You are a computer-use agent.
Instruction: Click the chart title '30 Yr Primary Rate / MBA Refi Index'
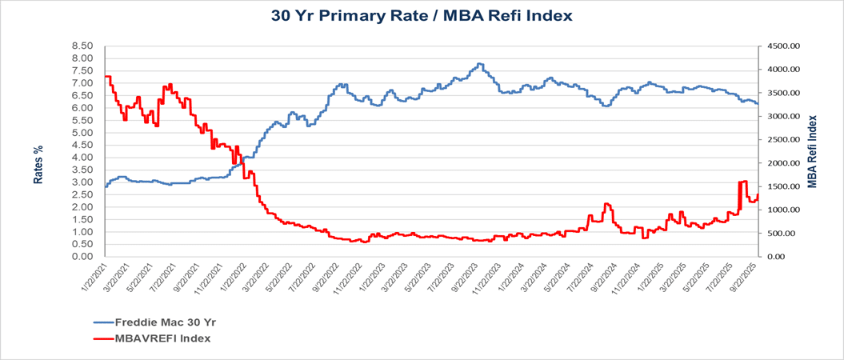coord(422,15)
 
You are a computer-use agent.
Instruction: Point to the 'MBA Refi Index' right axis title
coord(812,151)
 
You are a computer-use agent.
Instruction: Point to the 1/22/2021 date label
coord(93,278)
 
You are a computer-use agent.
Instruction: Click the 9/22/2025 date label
coord(746,278)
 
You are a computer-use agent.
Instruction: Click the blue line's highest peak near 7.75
coord(479,64)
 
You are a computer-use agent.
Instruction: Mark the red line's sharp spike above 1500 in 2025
coord(742,182)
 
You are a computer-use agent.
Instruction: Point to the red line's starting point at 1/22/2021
coord(105,76)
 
